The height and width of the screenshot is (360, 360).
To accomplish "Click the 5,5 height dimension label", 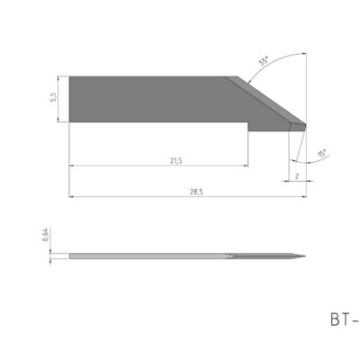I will pyautogui.click(x=55, y=97).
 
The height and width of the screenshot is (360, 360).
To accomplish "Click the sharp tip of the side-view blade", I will pyautogui.click(x=305, y=259).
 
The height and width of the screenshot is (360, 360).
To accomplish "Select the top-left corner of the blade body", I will pyautogui.click(x=70, y=77).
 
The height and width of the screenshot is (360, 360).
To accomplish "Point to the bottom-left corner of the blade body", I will pyautogui.click(x=70, y=118).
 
